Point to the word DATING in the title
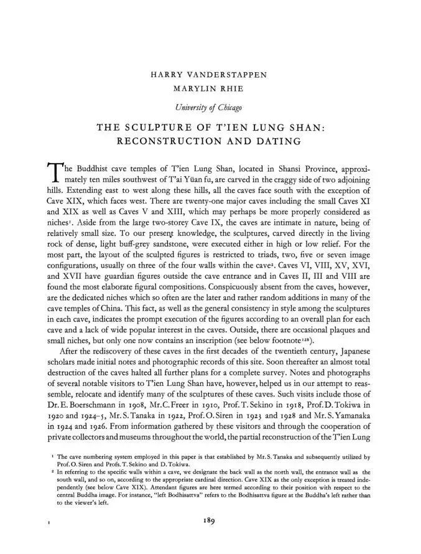tap(277, 142)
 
